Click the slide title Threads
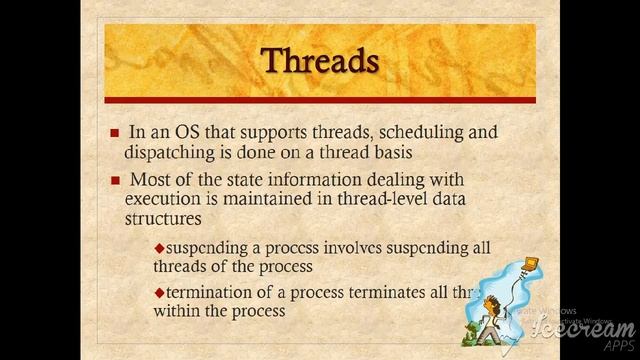point(319,60)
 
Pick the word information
point(297,180)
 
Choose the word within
point(178,311)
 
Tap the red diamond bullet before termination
point(158,292)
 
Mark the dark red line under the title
point(319,101)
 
